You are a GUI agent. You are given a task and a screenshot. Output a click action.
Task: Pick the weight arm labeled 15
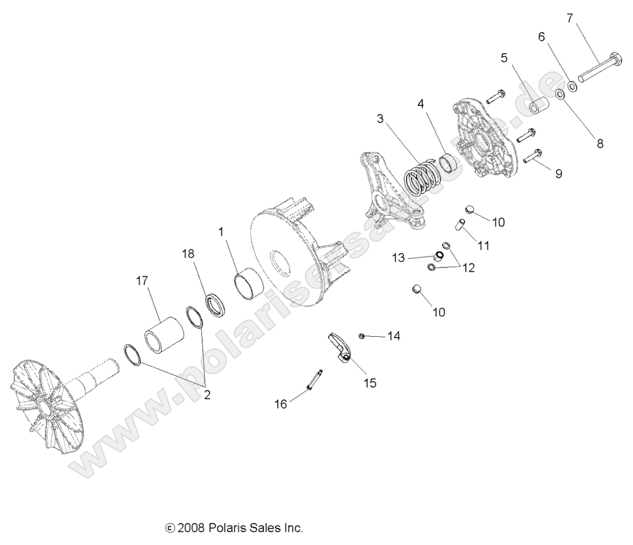point(339,347)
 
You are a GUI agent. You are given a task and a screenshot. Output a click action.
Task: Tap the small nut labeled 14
point(363,335)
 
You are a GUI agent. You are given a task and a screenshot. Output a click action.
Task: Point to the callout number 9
point(558,173)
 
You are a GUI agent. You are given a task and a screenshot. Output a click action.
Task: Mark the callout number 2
point(207,395)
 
